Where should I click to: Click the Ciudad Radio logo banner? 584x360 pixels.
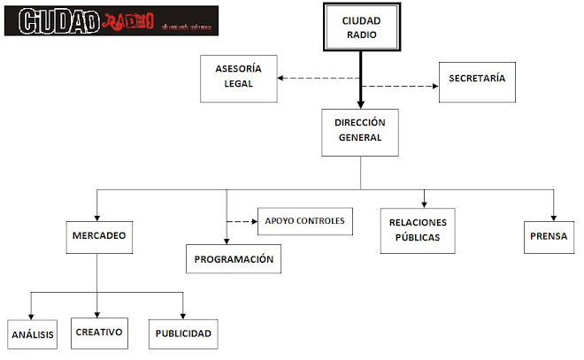[110, 20]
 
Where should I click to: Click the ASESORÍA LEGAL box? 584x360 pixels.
[239, 76]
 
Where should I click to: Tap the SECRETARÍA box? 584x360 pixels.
[477, 79]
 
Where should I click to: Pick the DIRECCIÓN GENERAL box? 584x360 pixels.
[359, 131]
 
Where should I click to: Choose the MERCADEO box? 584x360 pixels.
[96, 237]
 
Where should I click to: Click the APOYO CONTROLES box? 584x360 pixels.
[304, 218]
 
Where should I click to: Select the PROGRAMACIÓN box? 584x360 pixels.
[234, 259]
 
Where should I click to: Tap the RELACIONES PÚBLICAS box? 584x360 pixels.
[418, 230]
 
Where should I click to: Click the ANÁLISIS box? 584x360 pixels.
[33, 334]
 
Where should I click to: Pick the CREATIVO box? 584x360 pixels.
[98, 332]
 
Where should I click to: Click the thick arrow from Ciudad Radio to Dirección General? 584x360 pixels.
[360, 80]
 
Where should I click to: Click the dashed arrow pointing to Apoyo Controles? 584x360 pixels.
[242, 220]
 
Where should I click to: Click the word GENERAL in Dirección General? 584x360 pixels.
[359, 138]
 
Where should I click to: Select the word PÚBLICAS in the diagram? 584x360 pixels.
[418, 238]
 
